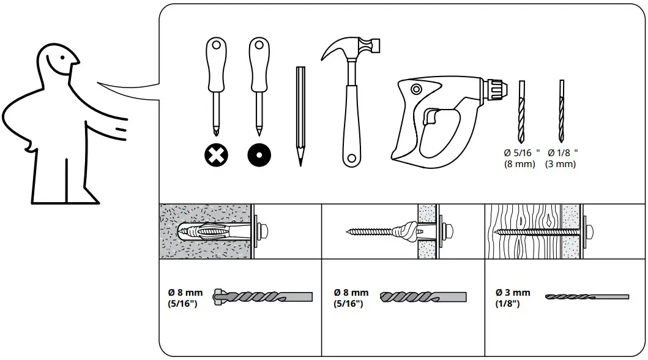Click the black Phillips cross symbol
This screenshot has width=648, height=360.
click(x=215, y=156)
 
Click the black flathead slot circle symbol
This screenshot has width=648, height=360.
click(x=259, y=156)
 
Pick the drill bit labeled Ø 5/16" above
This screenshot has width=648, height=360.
click(x=522, y=110)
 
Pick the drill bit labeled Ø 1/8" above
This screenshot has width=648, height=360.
click(x=561, y=110)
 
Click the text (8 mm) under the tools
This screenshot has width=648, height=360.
click(x=520, y=164)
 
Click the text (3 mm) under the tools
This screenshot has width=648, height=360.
click(x=560, y=164)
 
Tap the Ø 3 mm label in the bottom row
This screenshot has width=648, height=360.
click(x=513, y=293)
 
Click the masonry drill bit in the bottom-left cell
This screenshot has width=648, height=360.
click(x=263, y=297)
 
